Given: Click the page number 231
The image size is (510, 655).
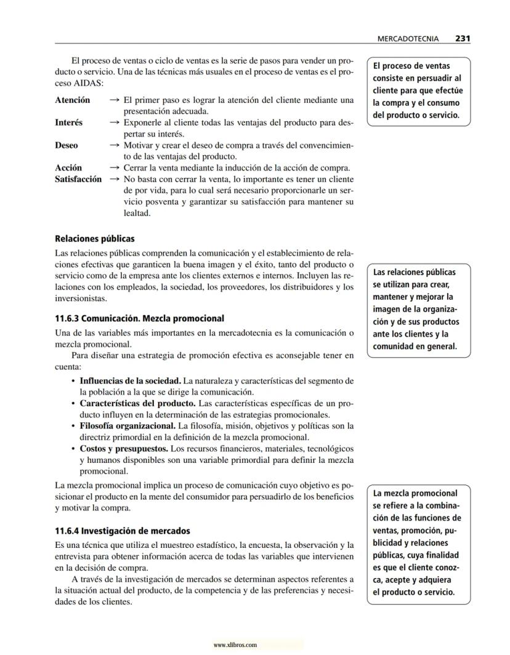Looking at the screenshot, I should pyautogui.click(x=463, y=38).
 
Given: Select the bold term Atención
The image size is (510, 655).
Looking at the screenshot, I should pyautogui.click(x=72, y=100).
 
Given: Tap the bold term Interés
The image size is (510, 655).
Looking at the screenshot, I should pyautogui.click(x=68, y=123).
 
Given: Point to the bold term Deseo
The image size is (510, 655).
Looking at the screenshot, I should pyautogui.click(x=66, y=145).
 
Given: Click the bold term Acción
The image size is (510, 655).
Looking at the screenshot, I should pyautogui.click(x=68, y=167).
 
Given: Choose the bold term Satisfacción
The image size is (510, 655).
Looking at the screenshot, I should pyautogui.click(x=78, y=179).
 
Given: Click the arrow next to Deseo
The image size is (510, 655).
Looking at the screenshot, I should pyautogui.click(x=114, y=145).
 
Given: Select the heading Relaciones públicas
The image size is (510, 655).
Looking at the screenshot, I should pyautogui.click(x=94, y=238).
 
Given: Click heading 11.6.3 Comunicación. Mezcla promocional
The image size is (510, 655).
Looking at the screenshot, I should pyautogui.click(x=139, y=319).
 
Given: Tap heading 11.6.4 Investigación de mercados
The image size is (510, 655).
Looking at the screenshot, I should pyautogui.click(x=122, y=530).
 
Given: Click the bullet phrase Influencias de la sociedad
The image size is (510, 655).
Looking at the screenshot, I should pyautogui.click(x=130, y=380).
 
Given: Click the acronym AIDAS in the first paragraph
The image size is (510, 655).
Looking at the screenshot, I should pyautogui.click(x=85, y=83).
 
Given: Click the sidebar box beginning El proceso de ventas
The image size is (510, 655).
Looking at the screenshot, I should pyautogui.click(x=418, y=90).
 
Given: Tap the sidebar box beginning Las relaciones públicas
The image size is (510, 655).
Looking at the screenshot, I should pyautogui.click(x=418, y=308).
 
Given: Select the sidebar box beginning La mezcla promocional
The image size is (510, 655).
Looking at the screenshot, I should pyautogui.click(x=418, y=542).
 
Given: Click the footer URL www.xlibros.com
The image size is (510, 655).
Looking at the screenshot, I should pyautogui.click(x=235, y=645).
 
